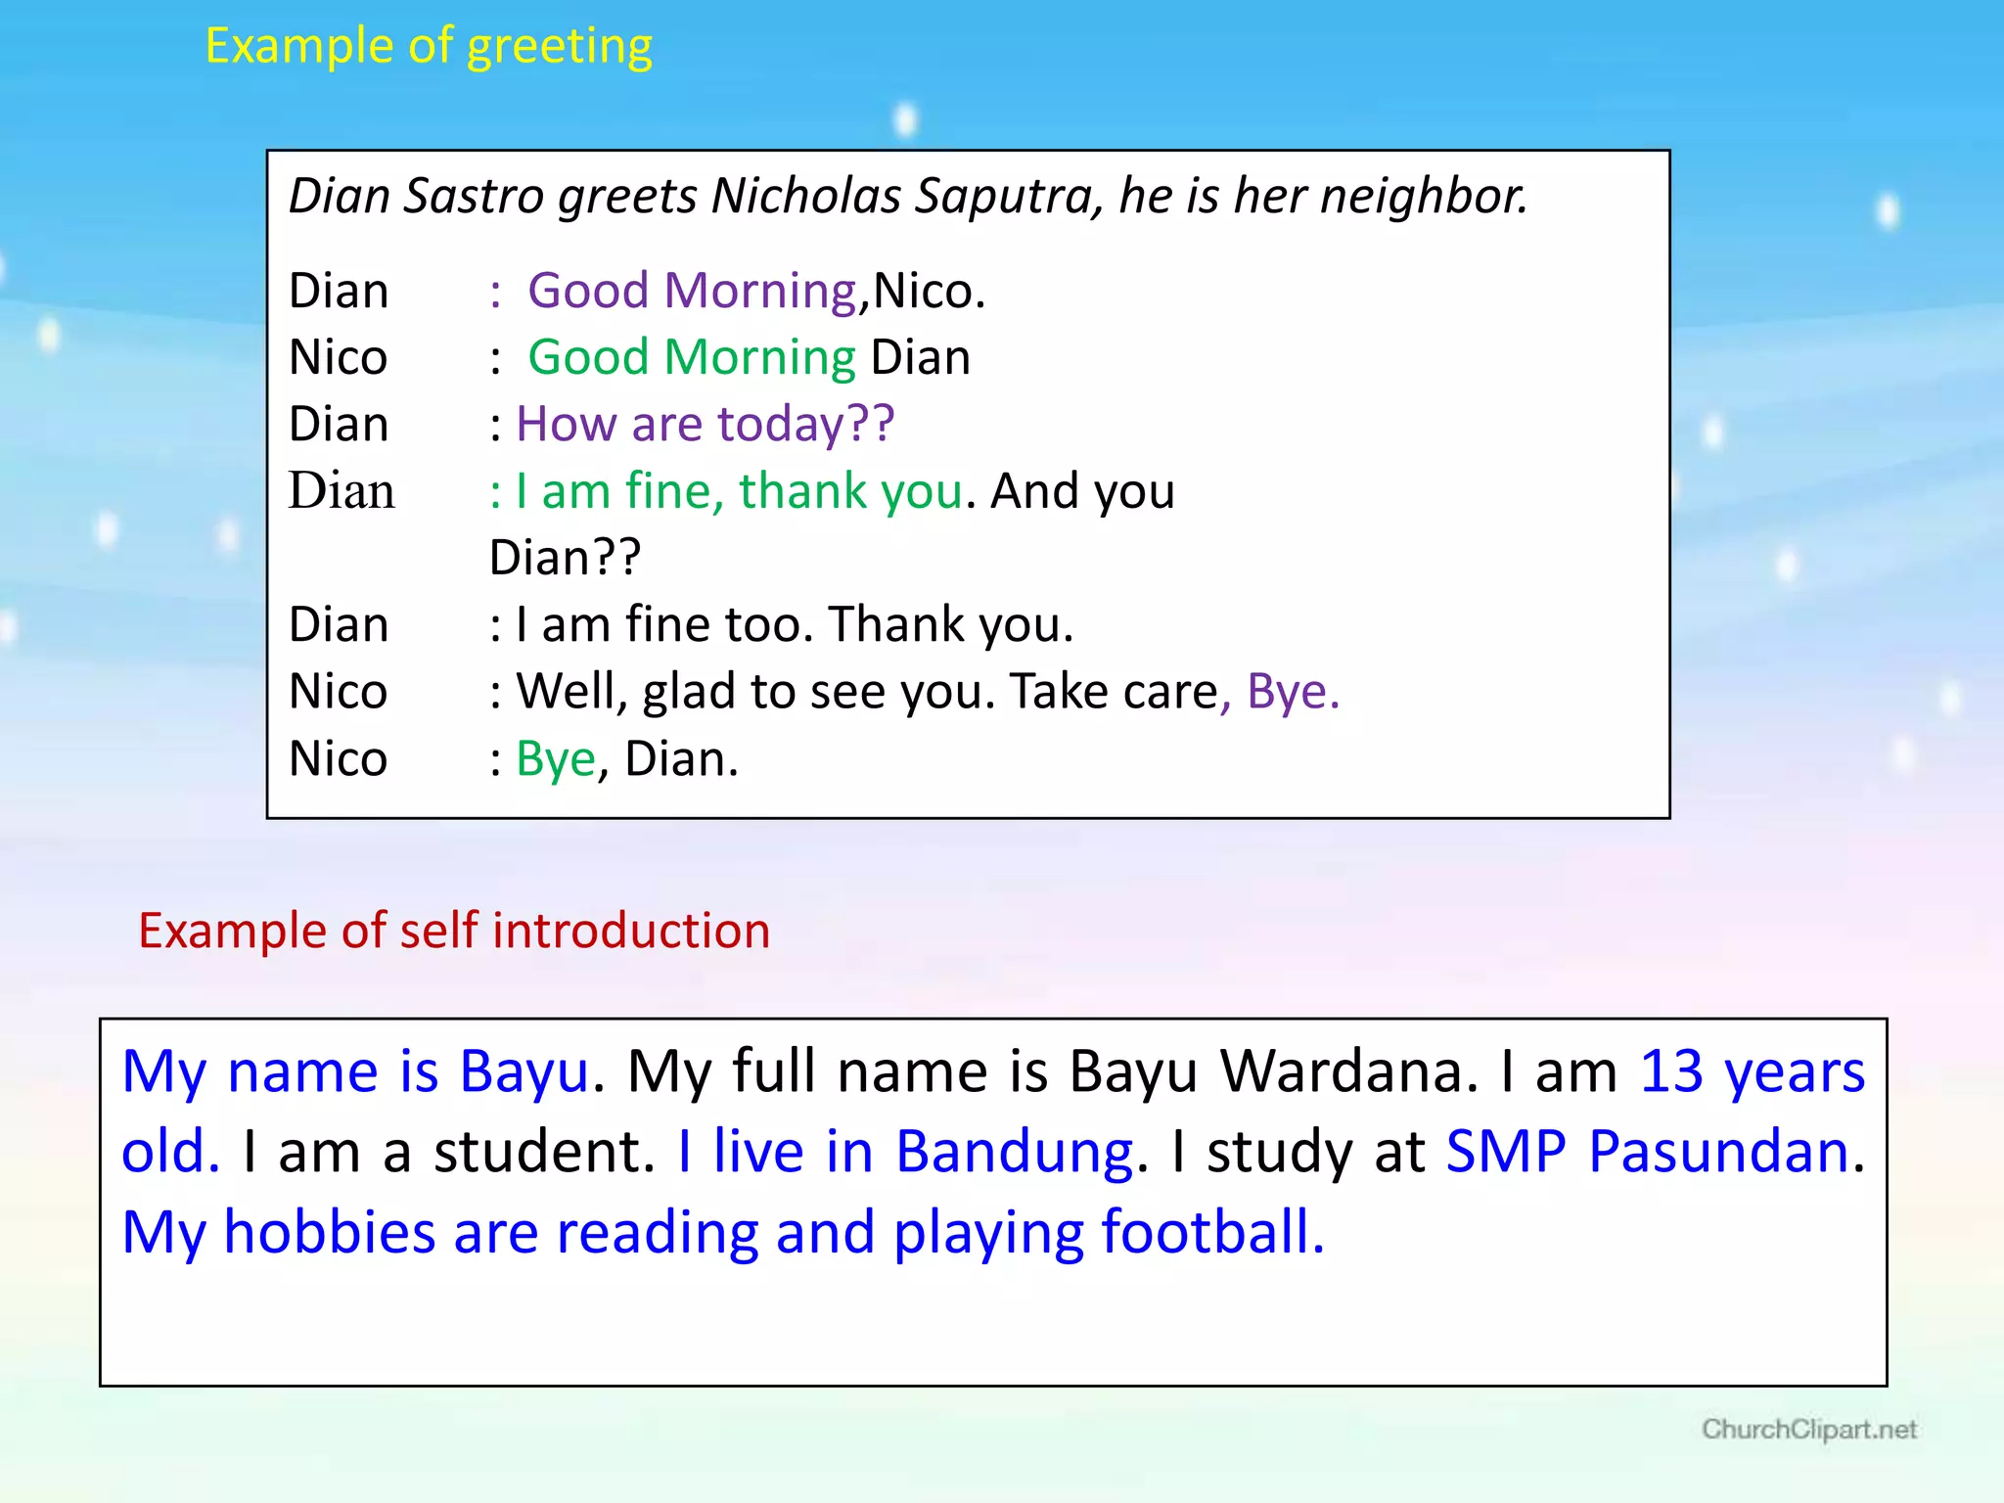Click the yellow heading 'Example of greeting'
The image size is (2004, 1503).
(429, 46)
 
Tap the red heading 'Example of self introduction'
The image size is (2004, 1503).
(454, 931)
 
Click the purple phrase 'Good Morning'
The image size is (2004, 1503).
(692, 291)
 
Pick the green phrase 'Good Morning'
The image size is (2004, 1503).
(692, 357)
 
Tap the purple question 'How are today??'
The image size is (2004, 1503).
(705, 425)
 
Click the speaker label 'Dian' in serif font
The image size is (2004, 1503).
(342, 491)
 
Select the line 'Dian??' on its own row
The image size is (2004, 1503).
(565, 558)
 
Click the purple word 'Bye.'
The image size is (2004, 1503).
(1293, 692)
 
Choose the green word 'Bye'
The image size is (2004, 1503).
(555, 759)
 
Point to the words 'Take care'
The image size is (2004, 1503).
(1114, 692)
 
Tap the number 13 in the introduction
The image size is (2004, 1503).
(1671, 1071)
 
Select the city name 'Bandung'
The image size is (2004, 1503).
(1014, 1152)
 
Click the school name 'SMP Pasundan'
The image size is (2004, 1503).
(1647, 1152)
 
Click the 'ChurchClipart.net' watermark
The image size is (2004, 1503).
(1808, 1430)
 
